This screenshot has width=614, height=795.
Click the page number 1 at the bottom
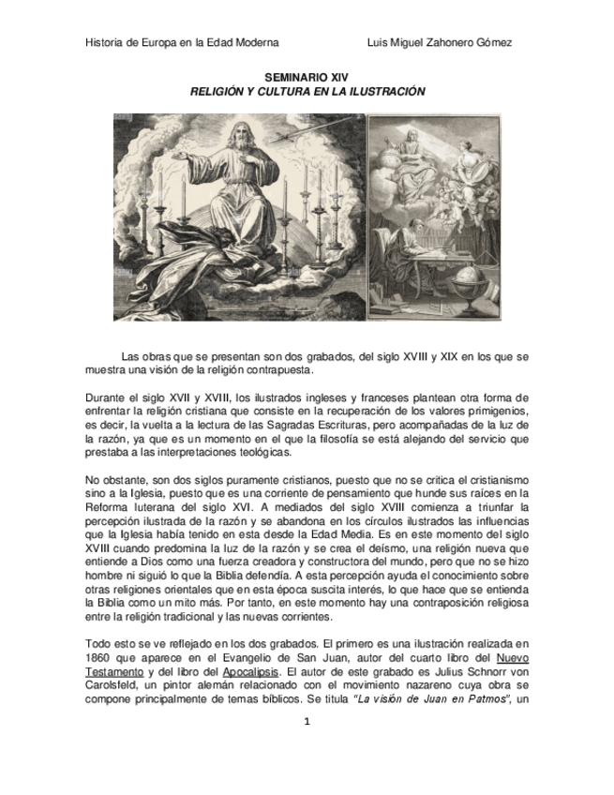click(x=306, y=722)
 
